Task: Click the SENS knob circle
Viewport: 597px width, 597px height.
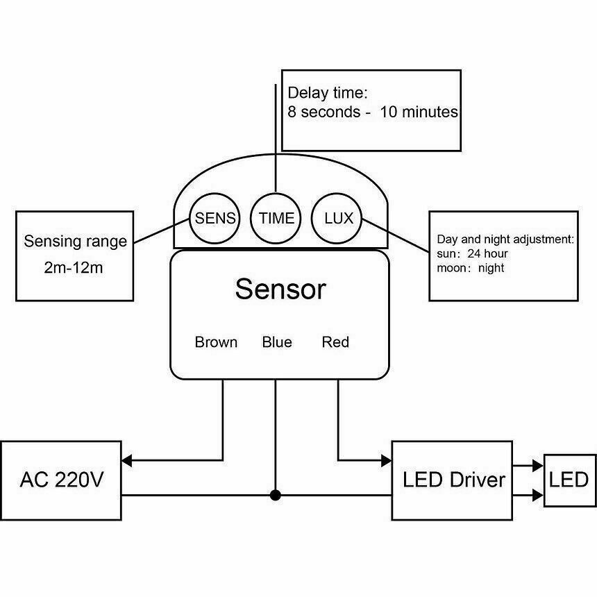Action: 215,218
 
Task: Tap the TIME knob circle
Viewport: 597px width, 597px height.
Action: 276,218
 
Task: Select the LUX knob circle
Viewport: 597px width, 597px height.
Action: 339,218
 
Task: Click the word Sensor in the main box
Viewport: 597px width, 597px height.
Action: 280,289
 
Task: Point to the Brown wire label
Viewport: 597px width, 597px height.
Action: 216,342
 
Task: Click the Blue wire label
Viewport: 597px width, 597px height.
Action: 277,342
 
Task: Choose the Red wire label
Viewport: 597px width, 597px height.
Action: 335,342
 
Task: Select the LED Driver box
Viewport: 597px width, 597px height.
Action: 453,479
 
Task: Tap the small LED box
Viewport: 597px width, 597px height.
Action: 569,480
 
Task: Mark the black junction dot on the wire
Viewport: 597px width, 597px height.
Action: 276,495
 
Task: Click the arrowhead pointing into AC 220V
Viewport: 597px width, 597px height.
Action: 128,459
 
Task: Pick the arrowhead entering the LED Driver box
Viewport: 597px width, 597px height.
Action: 385,459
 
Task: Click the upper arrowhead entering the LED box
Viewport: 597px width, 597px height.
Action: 538,466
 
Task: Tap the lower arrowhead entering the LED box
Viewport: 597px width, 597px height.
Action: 538,495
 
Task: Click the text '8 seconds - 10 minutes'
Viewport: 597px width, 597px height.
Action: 373,112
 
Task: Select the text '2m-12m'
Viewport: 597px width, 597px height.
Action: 73,268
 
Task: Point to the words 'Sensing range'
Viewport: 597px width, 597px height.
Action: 75,242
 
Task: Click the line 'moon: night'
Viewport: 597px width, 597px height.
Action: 471,268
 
